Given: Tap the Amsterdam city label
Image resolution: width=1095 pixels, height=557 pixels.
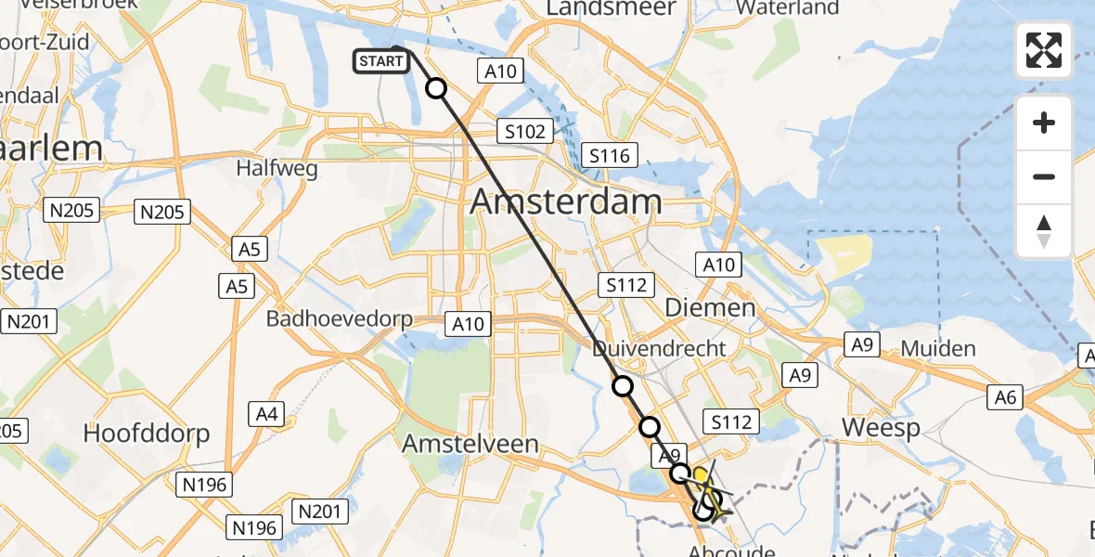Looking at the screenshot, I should (x=566, y=201).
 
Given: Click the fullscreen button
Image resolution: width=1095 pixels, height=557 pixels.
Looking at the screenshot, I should (x=1044, y=50).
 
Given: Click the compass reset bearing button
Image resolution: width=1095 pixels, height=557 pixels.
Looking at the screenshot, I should (x=1044, y=231).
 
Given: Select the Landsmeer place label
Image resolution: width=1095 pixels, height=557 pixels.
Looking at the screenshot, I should (x=611, y=7).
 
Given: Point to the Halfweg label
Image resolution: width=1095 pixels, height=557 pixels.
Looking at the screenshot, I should (x=277, y=169).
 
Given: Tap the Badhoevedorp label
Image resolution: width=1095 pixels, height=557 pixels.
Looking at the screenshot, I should (x=339, y=318).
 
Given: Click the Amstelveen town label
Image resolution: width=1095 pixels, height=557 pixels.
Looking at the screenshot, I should (x=470, y=444).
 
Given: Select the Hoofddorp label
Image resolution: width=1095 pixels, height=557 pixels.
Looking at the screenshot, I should (x=147, y=433).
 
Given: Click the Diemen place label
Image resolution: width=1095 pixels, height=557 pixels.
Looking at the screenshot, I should (x=710, y=307).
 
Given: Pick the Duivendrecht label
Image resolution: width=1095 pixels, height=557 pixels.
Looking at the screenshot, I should (x=659, y=349).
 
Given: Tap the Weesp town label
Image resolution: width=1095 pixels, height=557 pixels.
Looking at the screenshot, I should (x=881, y=428).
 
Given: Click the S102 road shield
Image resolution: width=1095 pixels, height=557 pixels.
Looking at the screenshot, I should (x=525, y=132).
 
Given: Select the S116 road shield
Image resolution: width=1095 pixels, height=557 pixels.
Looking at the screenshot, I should (x=609, y=155).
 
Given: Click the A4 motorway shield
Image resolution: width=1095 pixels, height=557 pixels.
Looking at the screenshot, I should (x=267, y=414).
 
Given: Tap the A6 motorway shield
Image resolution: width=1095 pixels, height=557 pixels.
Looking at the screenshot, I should (x=1006, y=398).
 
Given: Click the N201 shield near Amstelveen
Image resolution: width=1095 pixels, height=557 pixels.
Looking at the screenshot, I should (x=322, y=511).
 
